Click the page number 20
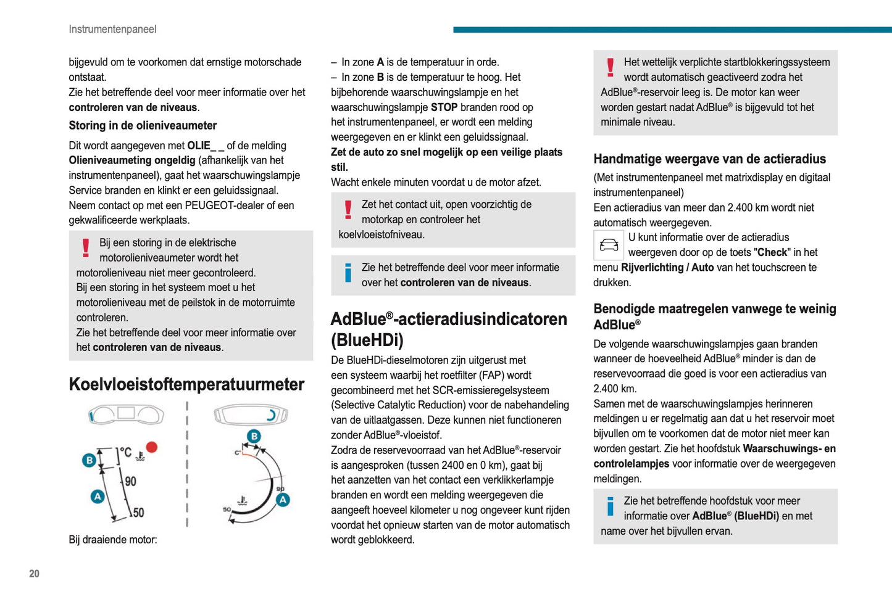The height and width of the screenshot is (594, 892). click(x=34, y=574)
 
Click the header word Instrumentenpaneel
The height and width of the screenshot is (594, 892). click(x=112, y=29)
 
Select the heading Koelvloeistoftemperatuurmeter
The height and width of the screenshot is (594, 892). click(x=186, y=384)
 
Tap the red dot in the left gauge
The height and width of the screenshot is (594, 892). click(x=151, y=447)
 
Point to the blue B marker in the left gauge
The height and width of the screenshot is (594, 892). click(x=89, y=460)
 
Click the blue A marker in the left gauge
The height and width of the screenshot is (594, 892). click(x=97, y=496)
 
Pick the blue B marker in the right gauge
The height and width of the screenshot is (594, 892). click(x=254, y=437)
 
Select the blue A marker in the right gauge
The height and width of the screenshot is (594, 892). click(x=283, y=500)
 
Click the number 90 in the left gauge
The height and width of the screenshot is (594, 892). click(x=130, y=481)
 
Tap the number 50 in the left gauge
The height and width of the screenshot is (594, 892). click(x=138, y=513)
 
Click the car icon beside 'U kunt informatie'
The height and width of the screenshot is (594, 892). click(x=609, y=245)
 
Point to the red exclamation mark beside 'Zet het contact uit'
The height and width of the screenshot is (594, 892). click(x=348, y=210)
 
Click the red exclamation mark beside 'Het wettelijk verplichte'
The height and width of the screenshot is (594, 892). click(x=611, y=67)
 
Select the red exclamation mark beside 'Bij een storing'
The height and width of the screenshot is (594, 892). click(x=86, y=248)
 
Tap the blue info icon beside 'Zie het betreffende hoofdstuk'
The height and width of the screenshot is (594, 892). click(x=611, y=506)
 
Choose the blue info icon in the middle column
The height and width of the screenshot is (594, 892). click(x=348, y=273)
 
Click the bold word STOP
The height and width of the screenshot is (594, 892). click(x=444, y=107)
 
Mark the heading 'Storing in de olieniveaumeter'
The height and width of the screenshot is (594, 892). click(x=143, y=126)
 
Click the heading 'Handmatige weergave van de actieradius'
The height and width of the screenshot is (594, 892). click(x=709, y=159)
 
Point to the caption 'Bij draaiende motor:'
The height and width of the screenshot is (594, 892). click(x=113, y=540)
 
